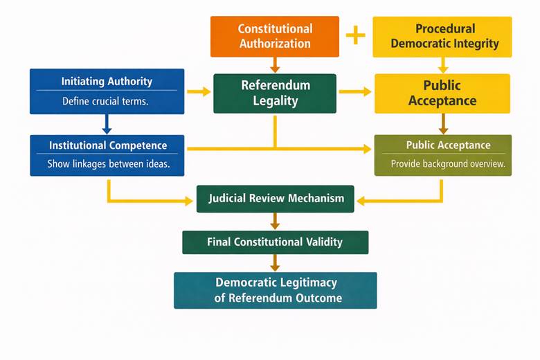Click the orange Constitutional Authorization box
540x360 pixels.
click(275, 36)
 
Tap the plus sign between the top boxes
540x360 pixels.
click(355, 35)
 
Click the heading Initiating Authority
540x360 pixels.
click(107, 81)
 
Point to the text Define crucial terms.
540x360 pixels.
click(106, 101)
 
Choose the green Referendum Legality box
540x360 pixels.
click(275, 93)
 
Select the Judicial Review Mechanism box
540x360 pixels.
click(276, 198)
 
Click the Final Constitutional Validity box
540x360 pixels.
click(275, 242)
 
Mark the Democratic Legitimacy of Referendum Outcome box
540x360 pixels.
click(276, 290)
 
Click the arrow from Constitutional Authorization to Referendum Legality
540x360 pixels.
click(275, 65)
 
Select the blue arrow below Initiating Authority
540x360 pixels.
click(107, 125)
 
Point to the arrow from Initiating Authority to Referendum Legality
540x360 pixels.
click(199, 91)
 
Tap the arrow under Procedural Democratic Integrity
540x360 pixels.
click(443, 65)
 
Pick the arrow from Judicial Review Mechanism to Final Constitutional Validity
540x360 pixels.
click(275, 221)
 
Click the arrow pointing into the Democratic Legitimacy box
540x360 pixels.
click(275, 263)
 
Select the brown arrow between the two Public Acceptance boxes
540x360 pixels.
click(443, 124)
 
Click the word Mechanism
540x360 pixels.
click(318, 198)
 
